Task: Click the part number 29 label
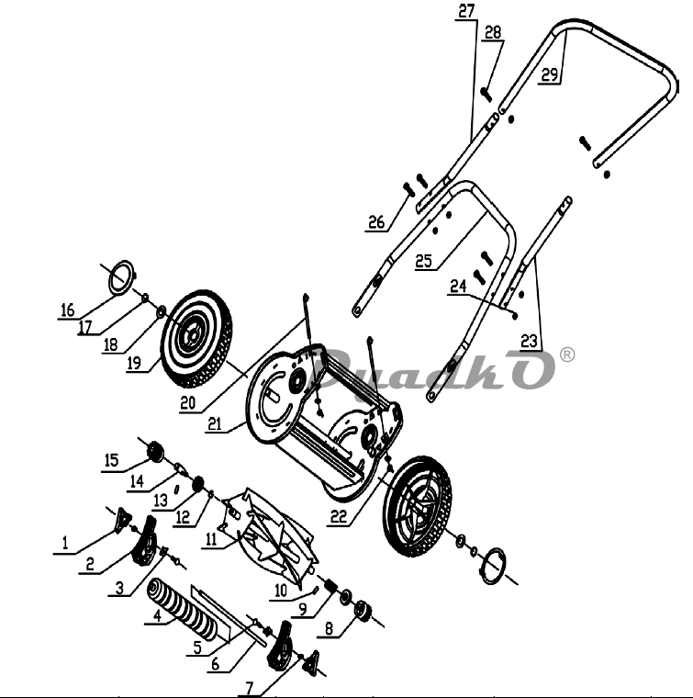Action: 550,74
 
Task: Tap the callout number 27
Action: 466,11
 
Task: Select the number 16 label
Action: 67,310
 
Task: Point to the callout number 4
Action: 157,616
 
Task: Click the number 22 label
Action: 339,517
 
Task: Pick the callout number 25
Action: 423,261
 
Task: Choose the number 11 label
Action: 211,539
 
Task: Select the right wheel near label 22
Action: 418,506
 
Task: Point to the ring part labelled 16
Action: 121,277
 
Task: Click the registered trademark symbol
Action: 567,355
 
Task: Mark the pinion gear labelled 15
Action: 155,452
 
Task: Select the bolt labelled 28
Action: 486,94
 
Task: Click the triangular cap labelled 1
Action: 122,521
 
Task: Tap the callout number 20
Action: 187,403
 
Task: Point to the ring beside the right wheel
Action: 492,566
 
